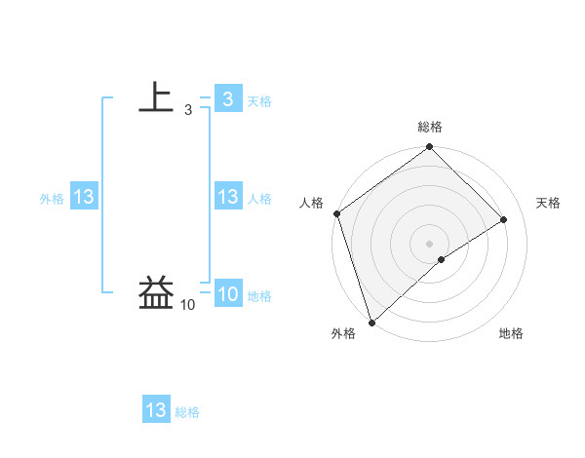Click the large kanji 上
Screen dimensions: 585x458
156,97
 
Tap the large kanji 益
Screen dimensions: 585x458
156,293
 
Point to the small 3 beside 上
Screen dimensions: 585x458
187,110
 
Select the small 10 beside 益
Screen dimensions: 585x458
187,306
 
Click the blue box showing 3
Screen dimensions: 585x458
227,98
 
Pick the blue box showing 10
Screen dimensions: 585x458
227,294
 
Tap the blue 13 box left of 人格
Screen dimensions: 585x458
227,197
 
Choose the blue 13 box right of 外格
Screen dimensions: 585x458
83,197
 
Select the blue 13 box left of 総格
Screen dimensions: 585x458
156,410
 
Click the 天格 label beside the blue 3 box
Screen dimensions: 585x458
259,100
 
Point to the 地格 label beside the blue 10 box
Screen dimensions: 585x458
259,296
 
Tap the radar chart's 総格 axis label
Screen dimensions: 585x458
430,127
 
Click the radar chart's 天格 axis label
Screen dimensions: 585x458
548,203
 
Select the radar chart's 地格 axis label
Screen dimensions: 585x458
511,333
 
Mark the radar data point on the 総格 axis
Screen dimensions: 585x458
429,148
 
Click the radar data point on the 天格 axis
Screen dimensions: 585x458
504,219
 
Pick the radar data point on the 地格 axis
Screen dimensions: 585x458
442,259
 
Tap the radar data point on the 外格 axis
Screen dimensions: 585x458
371,322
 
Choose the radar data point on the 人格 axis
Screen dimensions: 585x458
336,213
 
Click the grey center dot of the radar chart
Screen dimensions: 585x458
429,243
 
